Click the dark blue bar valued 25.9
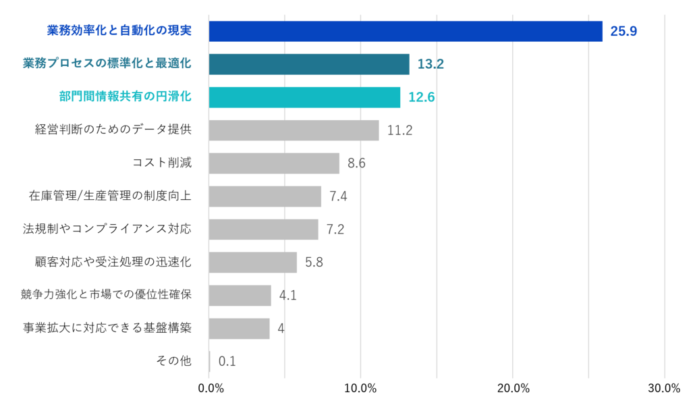coord(406,31)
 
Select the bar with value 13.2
coord(309,64)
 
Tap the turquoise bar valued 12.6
coord(305,97)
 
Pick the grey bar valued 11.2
coord(294,130)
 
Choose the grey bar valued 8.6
coord(275,163)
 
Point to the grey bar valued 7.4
coord(265,196)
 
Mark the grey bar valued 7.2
coord(264,230)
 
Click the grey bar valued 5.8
coord(253,263)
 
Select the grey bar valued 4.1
coord(240,296)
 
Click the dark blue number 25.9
coord(624,31)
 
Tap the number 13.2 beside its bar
coord(431,64)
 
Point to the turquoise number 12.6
coord(421,97)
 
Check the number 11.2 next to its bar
coord(399,130)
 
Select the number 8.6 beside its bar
coord(356,163)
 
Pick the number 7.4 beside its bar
coord(338,196)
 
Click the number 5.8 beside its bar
coord(314,263)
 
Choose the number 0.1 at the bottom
coord(227,362)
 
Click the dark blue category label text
coord(119,30)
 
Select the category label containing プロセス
coord(107,63)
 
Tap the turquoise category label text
coord(125,97)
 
